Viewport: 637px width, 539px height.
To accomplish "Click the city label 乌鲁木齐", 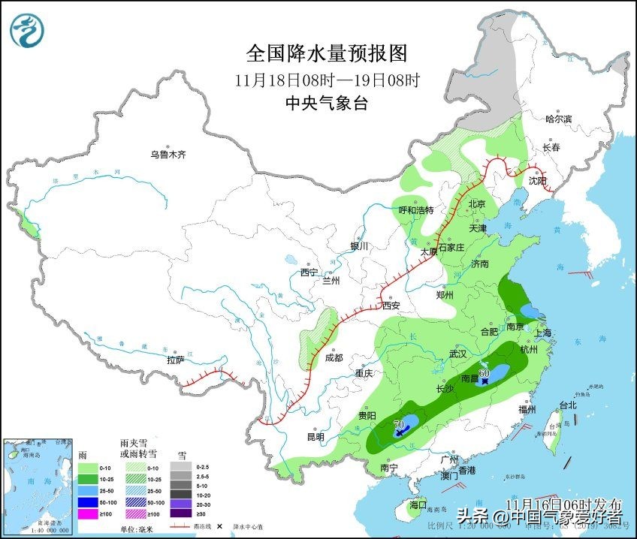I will pos(167,155).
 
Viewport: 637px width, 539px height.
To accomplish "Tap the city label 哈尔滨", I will pos(558,119).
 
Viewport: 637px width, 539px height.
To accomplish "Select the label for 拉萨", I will pos(176,360).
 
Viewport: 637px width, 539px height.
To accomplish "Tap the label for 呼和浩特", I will pos(415,210).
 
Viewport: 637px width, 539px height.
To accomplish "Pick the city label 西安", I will pos(391,306).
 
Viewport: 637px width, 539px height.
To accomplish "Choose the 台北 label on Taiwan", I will pos(567,405).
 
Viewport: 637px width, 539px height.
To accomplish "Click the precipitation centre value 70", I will pos(398,424).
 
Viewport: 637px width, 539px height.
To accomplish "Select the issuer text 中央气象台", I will pos(326,104).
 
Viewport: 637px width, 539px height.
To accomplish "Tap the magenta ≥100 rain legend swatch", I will pos(87,514).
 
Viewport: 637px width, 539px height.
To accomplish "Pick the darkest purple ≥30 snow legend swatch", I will pos(180,514).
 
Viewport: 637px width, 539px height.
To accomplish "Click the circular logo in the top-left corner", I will pos(27,31).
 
